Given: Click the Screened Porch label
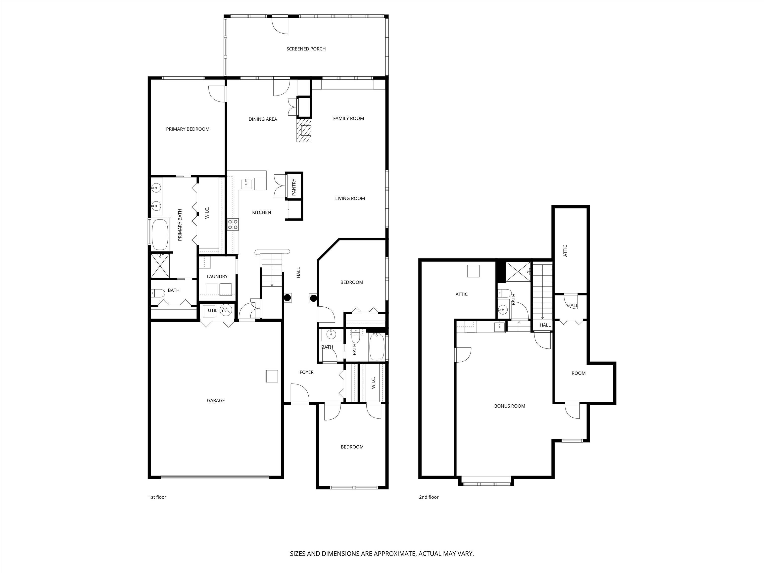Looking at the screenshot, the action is click(x=306, y=49).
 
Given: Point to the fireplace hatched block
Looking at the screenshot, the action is click(x=304, y=130).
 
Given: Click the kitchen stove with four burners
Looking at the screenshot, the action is click(x=233, y=225).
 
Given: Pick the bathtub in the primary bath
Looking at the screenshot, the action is click(x=160, y=235).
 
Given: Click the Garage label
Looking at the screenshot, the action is click(x=216, y=401).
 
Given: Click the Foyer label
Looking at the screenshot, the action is click(x=307, y=372).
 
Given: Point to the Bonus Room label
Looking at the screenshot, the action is click(x=510, y=406).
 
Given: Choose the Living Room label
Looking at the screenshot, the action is click(x=350, y=199).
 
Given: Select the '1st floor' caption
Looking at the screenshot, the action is click(x=157, y=497).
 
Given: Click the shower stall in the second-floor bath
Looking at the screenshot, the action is click(x=518, y=272).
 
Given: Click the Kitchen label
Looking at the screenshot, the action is click(x=261, y=212).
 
